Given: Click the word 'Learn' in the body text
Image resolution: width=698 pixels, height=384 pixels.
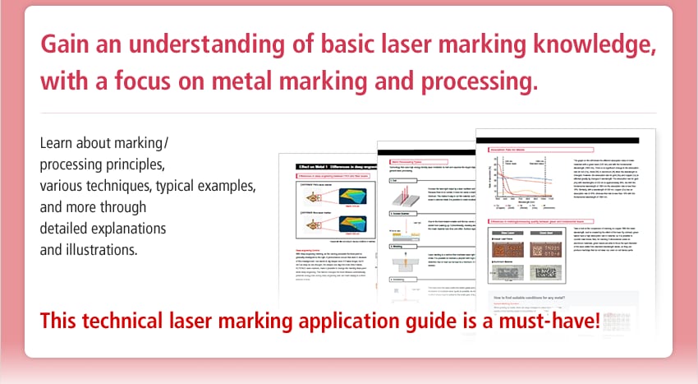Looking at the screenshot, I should point(57,143).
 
